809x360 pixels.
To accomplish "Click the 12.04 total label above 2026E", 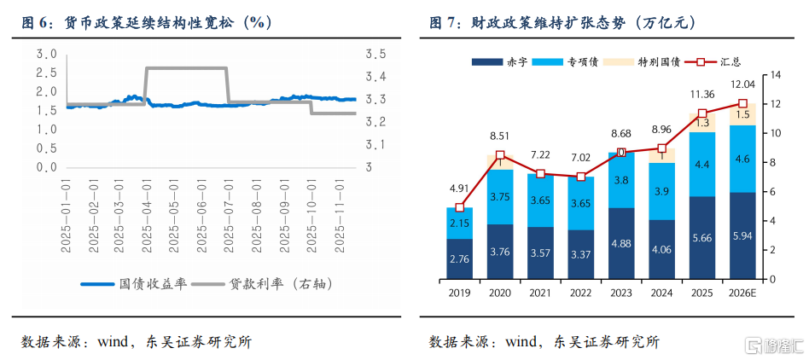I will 742,84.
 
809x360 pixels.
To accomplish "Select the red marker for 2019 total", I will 460,207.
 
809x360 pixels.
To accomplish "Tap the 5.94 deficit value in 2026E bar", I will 742,236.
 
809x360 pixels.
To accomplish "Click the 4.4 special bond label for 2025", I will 701,165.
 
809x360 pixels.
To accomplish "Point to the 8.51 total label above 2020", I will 500,135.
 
